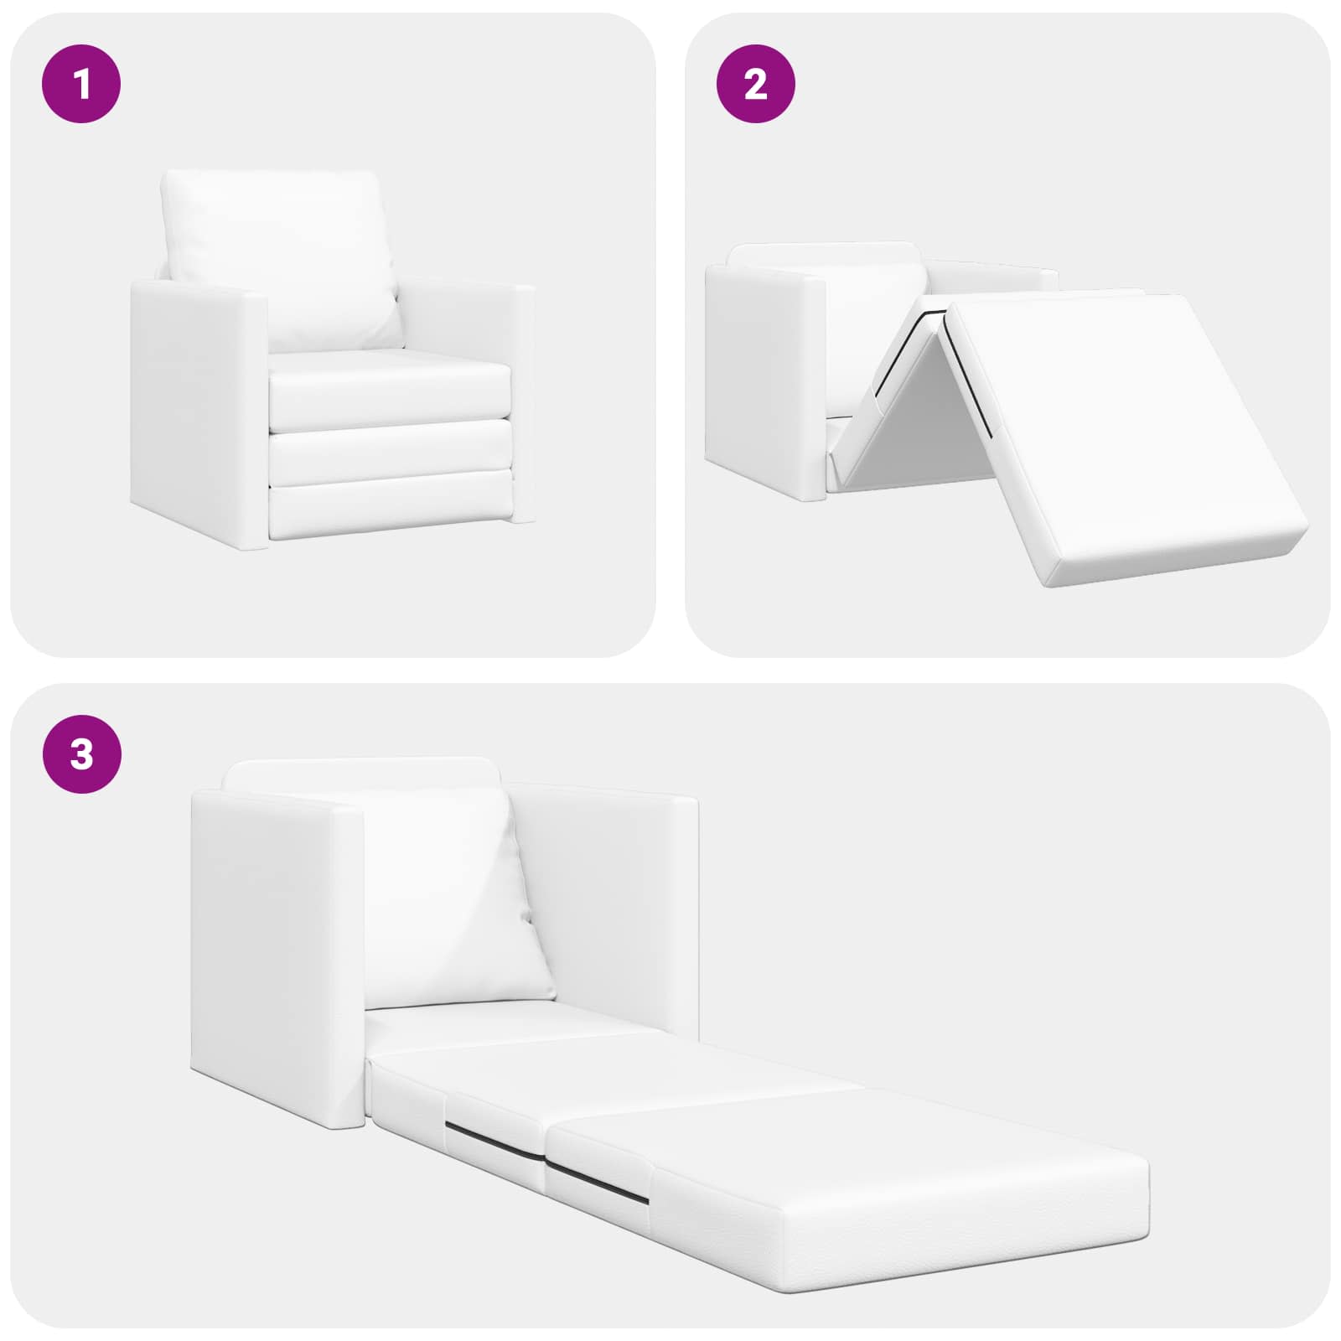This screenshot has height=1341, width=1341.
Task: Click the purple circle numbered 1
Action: pos(81,84)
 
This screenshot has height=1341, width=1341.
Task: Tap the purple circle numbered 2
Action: pos(756,84)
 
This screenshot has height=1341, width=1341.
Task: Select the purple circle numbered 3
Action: pos(81,754)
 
